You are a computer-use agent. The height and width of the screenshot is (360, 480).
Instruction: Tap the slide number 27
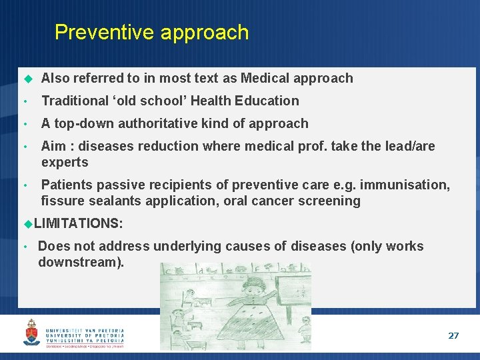[453, 335]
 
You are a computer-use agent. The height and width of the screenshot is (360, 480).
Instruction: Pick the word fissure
[61, 201]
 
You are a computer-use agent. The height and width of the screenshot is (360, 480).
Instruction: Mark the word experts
[65, 162]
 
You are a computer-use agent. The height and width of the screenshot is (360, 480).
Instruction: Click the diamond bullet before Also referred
[27, 79]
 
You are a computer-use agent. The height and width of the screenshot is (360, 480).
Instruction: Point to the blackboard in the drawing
[293, 293]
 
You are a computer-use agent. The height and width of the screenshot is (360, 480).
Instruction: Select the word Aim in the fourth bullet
[53, 146]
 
